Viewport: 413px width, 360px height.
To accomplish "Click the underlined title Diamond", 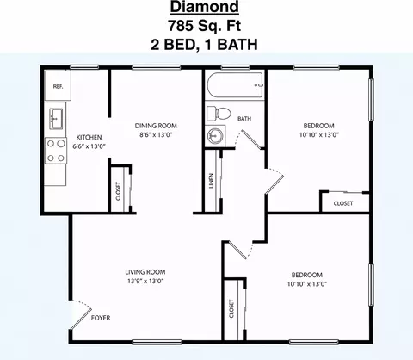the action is point(204,7).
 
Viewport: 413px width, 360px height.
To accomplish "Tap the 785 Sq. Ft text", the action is point(204,26).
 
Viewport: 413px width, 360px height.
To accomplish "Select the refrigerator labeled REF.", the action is point(58,86).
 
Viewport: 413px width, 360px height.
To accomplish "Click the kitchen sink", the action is point(56,119).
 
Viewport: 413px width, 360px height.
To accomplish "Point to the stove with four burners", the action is point(56,151).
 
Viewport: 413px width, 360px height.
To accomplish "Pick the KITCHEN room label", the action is point(89,137).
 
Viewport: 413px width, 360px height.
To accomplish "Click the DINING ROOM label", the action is point(156,126).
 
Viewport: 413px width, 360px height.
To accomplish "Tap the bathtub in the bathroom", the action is point(235,85).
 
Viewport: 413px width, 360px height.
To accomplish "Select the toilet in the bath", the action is point(219,114).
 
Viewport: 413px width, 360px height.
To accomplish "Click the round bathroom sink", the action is point(215,135).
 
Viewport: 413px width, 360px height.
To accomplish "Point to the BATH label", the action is point(244,118).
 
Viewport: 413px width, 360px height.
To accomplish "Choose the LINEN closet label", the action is point(212,181).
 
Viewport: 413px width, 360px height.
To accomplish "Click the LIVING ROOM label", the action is point(145,272).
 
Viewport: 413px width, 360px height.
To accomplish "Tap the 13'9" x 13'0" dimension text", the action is point(145,281).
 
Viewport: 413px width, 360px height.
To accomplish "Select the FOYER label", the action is point(101,318).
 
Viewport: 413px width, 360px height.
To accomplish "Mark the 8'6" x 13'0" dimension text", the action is point(156,134).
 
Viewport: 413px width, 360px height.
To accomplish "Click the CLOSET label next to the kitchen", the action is point(118,191).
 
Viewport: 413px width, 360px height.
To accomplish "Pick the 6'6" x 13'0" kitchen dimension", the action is point(89,146).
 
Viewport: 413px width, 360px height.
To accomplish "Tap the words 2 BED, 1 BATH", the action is point(204,45).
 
